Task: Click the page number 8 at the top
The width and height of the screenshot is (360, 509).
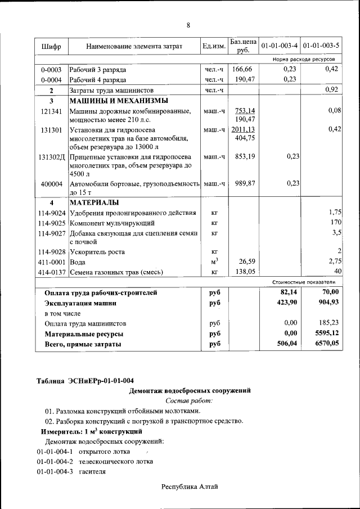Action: pyautogui.click(x=188, y=25)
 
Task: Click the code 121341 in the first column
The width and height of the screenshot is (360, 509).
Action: pyautogui.click(x=51, y=111)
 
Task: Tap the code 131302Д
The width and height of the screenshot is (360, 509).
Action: pyautogui.click(x=52, y=156)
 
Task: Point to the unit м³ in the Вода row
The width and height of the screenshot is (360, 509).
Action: pyautogui.click(x=214, y=262)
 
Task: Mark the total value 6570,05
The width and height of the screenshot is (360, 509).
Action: pyautogui.click(x=327, y=344)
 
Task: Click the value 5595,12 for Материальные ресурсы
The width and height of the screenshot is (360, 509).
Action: pyautogui.click(x=327, y=334)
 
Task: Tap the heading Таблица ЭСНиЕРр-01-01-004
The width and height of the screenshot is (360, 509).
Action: pyautogui.click(x=85, y=381)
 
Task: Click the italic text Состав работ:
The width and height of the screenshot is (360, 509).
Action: pyautogui.click(x=189, y=400)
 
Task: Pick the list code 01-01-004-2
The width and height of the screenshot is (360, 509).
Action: pyautogui.click(x=55, y=462)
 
